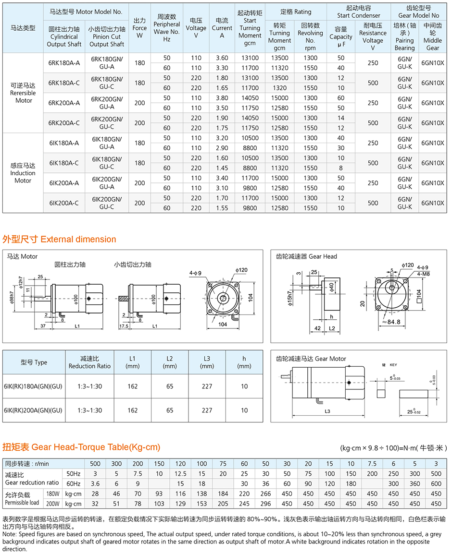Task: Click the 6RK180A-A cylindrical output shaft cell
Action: click(x=64, y=63)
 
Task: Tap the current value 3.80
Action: click(x=222, y=98)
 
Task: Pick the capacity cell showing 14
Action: click(x=341, y=118)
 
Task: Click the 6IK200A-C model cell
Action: click(x=64, y=203)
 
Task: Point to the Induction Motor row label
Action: click(x=23, y=173)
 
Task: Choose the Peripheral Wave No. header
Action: click(x=167, y=28)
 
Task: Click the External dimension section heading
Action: click(x=60, y=239)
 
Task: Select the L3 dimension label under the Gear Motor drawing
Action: click(x=327, y=411)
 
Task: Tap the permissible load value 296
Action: click(x=266, y=504)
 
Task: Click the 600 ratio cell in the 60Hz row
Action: click(x=436, y=484)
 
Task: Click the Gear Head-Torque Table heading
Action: click(x=81, y=447)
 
